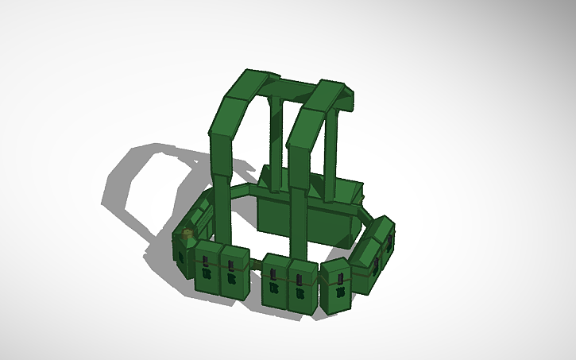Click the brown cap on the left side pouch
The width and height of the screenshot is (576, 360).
[187, 234]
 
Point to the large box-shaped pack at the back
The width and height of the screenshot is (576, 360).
[310, 211]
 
